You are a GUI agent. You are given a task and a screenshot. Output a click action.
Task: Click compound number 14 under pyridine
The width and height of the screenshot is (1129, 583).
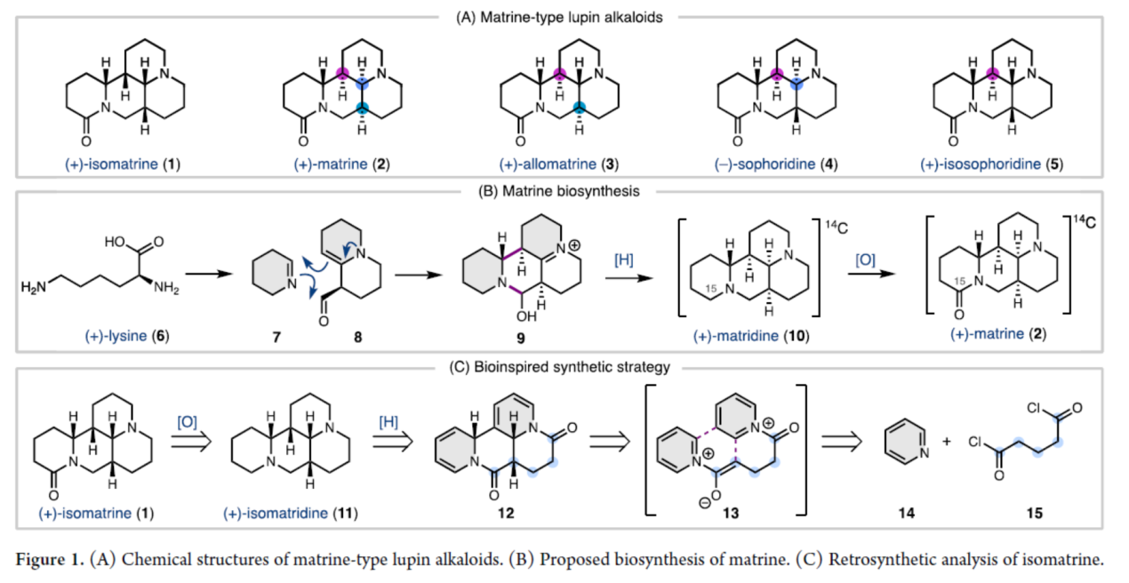point(906,513)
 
